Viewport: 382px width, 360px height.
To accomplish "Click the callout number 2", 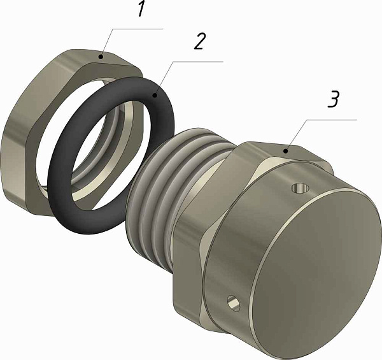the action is click(x=200, y=41).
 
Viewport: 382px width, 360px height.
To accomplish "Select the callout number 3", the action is click(x=333, y=99).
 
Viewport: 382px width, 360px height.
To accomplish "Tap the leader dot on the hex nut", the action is click(x=101, y=57).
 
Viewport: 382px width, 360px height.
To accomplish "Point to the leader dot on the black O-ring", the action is click(x=155, y=95).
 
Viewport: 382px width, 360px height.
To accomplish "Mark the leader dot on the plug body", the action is click(x=286, y=151).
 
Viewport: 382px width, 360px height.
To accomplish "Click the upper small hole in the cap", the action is click(x=301, y=188).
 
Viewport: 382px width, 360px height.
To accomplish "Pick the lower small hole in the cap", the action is click(x=233, y=303).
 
